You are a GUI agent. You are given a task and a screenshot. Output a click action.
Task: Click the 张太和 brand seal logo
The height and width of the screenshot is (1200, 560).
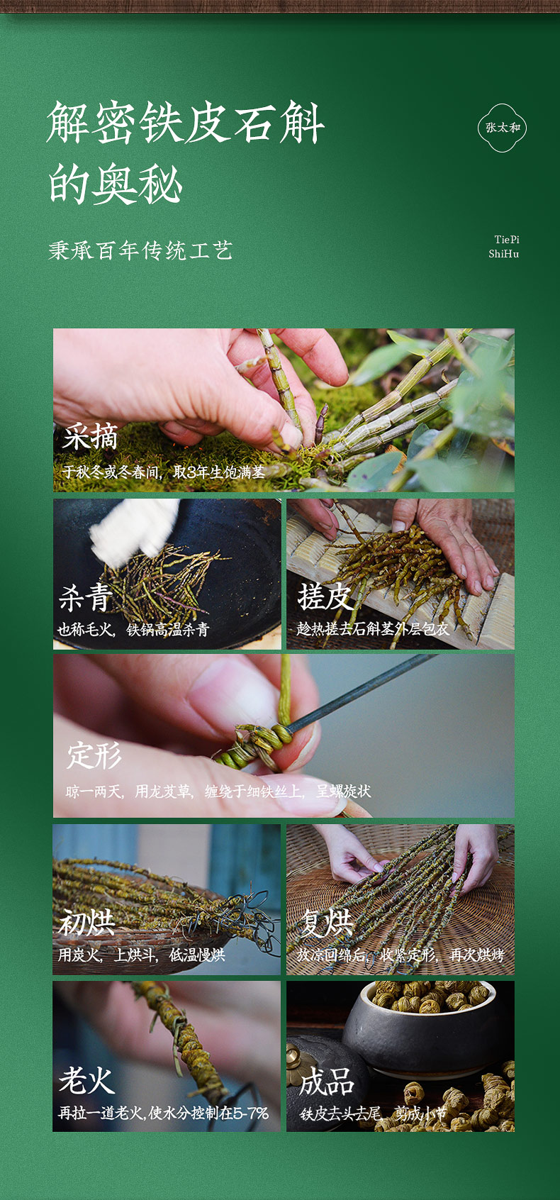tap(502, 128)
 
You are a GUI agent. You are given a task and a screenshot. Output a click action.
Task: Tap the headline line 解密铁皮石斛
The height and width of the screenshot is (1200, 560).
tap(185, 123)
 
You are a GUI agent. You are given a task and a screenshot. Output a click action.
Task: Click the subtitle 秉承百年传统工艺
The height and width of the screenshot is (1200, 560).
tap(140, 251)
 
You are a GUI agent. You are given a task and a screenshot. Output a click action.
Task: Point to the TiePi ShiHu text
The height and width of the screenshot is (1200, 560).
tap(504, 246)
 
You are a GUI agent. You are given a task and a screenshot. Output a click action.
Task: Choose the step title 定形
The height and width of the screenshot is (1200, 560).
tap(94, 755)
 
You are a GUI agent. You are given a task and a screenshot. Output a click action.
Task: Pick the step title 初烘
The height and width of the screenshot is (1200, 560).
tap(86, 922)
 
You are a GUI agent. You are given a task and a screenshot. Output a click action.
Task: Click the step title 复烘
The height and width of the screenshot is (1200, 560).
tap(327, 922)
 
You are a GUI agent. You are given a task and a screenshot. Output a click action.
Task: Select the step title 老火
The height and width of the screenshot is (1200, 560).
tap(86, 1079)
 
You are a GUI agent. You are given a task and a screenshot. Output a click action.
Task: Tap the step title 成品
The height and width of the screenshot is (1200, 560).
tap(327, 1081)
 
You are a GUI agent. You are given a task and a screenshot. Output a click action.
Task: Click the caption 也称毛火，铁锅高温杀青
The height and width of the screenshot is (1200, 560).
tap(133, 629)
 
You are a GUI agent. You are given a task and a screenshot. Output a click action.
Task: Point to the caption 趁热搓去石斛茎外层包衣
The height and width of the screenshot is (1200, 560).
tap(373, 628)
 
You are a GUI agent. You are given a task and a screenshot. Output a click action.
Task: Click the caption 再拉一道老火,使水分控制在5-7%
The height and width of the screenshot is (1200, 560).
tap(163, 1113)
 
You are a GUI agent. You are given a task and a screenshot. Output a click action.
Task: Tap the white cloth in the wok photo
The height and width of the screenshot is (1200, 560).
tap(135, 530)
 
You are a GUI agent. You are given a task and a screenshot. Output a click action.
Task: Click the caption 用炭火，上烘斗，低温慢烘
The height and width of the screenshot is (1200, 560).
tap(141, 955)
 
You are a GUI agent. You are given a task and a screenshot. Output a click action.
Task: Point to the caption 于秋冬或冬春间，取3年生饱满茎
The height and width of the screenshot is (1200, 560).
tap(164, 472)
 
